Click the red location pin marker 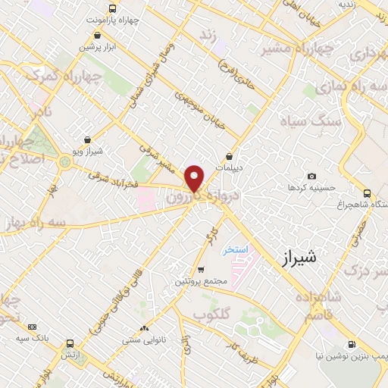(196, 179)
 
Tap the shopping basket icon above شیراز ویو (89, 140)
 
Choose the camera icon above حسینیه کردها (292, 186)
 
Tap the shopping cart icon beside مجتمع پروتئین (200, 270)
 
